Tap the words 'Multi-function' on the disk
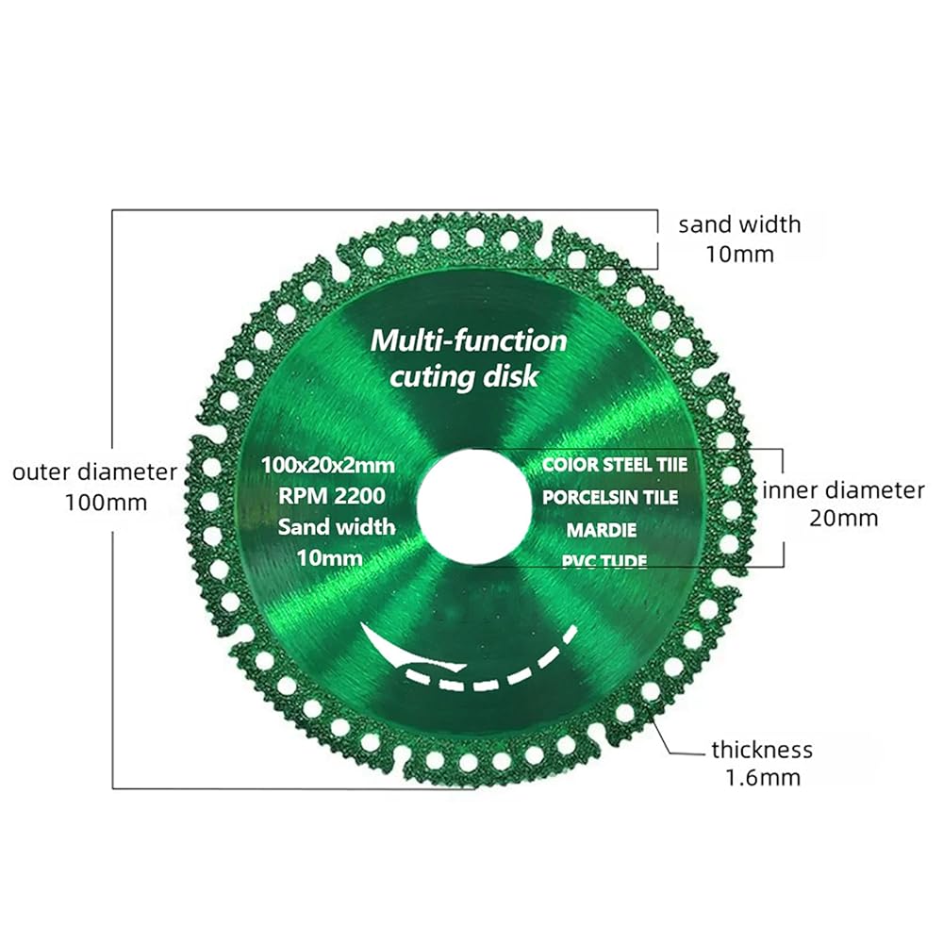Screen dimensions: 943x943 tap(469, 340)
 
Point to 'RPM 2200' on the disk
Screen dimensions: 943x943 tap(331, 495)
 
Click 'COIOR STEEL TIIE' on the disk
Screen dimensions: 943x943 tap(614, 465)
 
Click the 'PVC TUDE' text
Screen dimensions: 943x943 tap(604, 560)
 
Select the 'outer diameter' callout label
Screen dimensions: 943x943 tap(94, 471)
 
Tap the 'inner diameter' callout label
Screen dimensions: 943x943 tap(844, 490)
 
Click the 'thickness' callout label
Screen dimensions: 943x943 tap(762, 751)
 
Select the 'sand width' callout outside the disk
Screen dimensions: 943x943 tap(739, 224)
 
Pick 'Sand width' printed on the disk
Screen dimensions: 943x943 tap(336, 526)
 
